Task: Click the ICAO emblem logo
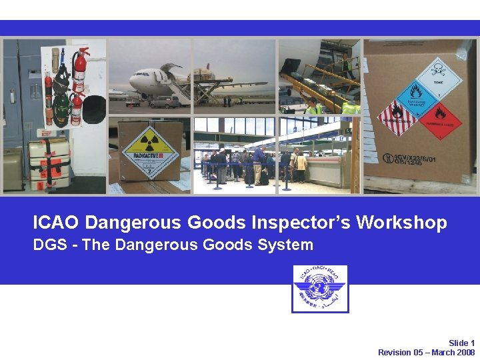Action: click(x=319, y=288)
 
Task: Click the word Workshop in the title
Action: click(x=401, y=223)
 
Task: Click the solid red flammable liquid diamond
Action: click(x=439, y=119)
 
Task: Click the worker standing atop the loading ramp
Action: click(x=345, y=65)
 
